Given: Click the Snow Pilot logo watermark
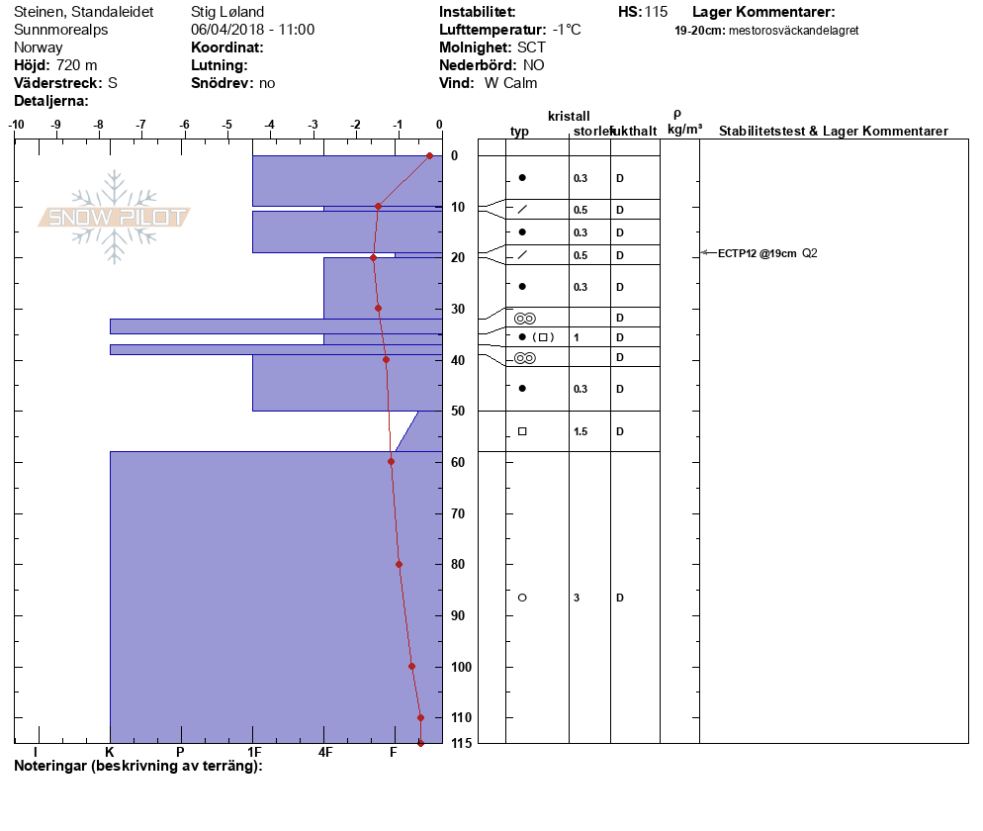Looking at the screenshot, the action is pos(114,217).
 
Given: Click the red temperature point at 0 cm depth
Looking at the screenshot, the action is pos(429,155).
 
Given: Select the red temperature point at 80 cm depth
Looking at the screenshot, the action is pos(399,565).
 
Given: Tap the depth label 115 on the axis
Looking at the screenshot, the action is pos(462,744).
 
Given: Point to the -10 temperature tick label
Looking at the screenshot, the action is pos(16,125).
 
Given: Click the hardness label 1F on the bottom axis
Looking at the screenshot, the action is pos(254,752).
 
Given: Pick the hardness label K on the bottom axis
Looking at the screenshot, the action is pos(110,752).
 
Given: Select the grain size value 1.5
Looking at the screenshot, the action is pos(581,431).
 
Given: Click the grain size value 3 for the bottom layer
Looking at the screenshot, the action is pos(577,598).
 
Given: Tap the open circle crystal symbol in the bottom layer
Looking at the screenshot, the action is pos(522,598).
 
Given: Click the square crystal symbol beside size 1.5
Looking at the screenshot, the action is pos(522,431).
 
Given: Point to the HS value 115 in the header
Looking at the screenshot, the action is pos(656,12).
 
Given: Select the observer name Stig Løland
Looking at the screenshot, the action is pos(227,12).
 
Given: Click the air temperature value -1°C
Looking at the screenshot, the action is pos(566,30).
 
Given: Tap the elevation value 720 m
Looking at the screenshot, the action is pos(76,65).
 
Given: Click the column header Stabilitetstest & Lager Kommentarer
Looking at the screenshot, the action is pos(833,131).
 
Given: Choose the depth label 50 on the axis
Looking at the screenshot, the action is pos(458,411).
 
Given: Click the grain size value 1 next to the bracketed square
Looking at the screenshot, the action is pos(577,337).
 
